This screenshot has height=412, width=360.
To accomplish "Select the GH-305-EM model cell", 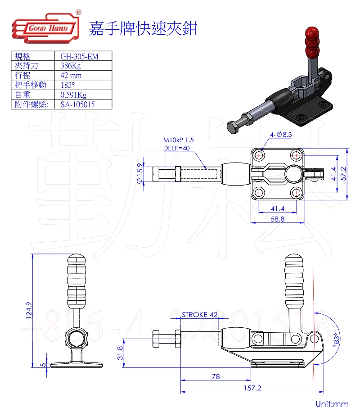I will tap(79, 56).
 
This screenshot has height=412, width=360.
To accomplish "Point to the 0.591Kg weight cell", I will tap(73, 95).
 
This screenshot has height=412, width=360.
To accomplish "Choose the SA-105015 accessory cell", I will tap(78, 104).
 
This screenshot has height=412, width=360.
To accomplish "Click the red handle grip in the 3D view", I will tap(311, 40).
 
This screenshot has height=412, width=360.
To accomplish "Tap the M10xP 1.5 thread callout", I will tap(179, 140).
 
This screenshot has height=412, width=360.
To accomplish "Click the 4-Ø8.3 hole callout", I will tap(281, 134).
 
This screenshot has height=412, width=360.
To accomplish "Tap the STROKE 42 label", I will tap(199, 314).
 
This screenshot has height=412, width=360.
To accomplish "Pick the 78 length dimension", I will tap(216, 376).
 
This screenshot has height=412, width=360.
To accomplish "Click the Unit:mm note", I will tap(332, 404).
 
